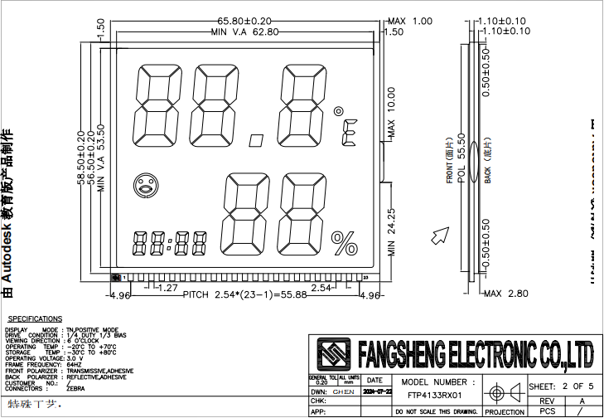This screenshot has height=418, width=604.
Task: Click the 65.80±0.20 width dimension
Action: (245, 21)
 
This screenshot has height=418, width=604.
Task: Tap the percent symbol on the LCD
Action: (342, 243)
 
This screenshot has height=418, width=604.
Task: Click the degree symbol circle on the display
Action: (338, 110)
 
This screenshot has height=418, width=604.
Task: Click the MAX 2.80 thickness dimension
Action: (505, 294)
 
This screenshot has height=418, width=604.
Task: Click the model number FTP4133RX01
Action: (435, 396)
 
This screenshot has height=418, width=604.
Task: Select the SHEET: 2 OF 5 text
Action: (560, 386)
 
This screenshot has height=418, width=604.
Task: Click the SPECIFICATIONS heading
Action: (35, 318)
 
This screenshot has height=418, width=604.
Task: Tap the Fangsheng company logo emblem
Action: (334, 354)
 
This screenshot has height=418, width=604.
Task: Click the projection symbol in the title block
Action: (504, 392)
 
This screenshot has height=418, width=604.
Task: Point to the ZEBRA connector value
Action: (75, 388)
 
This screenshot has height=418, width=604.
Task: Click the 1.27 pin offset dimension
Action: (168, 288)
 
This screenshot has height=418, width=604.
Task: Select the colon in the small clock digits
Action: (169, 245)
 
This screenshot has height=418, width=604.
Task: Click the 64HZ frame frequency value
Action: (75, 363)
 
